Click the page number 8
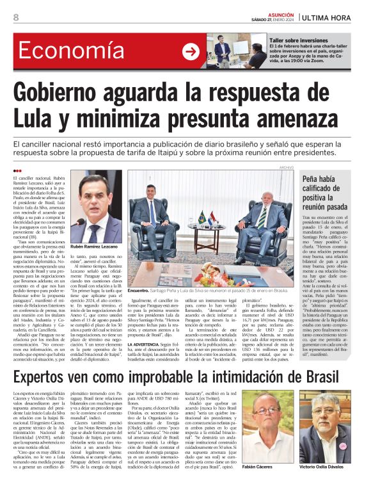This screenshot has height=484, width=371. tap(15, 17)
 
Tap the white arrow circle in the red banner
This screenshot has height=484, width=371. tap(191, 52)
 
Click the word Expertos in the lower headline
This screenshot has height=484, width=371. tap(52, 375)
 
